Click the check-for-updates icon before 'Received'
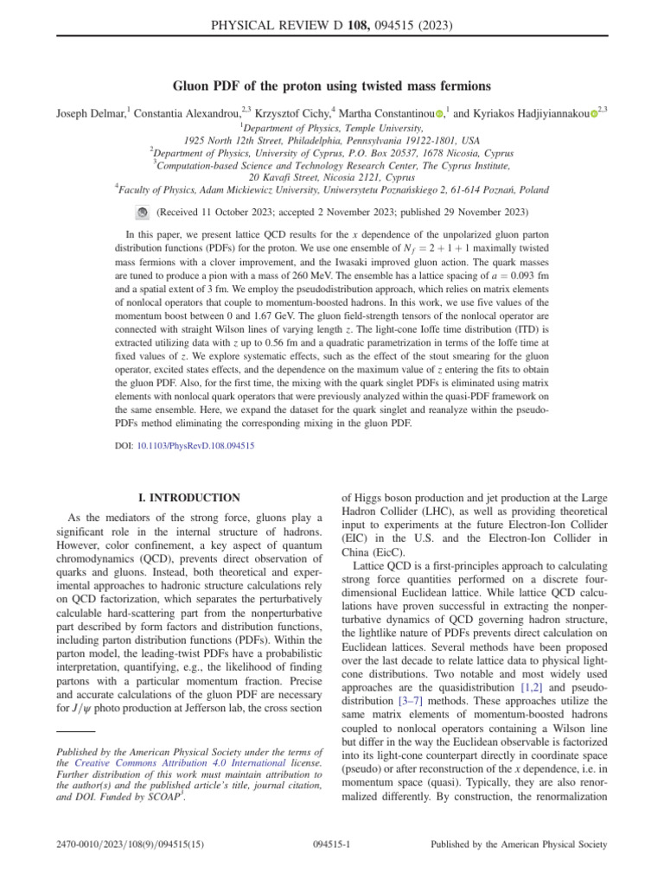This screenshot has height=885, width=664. (x=144, y=212)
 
